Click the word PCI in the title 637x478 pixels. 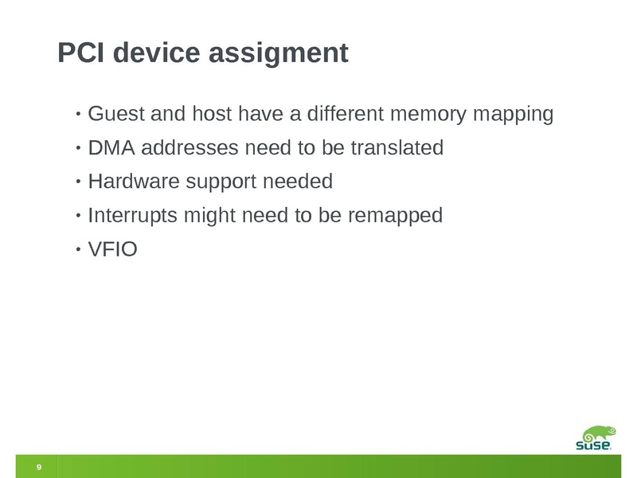click(x=81, y=53)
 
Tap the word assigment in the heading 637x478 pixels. click(x=279, y=53)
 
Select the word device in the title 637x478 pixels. click(x=157, y=53)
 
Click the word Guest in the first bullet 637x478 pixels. click(x=116, y=113)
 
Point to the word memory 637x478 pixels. click(x=428, y=115)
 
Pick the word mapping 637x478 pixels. click(x=513, y=115)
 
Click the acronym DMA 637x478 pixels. click(x=111, y=147)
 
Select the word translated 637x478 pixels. click(x=397, y=147)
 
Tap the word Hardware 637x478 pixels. click(x=134, y=182)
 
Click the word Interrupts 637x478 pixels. click(x=132, y=216)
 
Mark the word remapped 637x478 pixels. click(x=395, y=216)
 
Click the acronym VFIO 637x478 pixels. click(x=112, y=249)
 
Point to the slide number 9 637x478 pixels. click(x=39, y=467)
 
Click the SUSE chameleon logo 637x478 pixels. click(x=596, y=437)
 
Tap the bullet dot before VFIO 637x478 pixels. click(x=78, y=249)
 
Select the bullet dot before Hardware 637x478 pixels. click(x=78, y=182)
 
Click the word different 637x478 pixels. click(x=346, y=113)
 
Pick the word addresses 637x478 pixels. click(x=190, y=147)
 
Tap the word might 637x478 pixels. click(x=209, y=216)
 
